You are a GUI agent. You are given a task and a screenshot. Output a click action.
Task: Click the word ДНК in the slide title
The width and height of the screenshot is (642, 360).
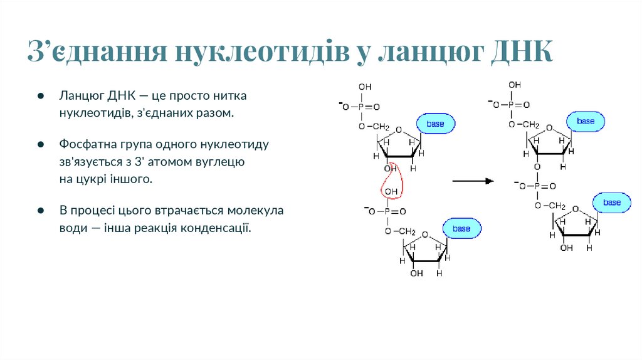522,52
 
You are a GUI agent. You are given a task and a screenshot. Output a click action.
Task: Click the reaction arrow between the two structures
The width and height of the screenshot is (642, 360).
473,181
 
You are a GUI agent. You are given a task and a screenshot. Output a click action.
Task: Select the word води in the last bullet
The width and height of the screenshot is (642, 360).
73,228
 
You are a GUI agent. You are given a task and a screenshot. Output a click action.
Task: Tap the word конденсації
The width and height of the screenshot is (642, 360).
216,228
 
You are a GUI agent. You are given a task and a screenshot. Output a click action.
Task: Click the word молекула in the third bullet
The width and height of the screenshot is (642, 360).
256,211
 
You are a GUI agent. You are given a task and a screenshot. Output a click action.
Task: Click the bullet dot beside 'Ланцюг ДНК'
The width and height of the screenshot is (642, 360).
39,97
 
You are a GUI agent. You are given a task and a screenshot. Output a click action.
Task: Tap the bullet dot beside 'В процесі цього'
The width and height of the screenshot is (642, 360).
39,211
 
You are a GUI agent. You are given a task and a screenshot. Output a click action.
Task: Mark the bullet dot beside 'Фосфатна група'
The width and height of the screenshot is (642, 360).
39,144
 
